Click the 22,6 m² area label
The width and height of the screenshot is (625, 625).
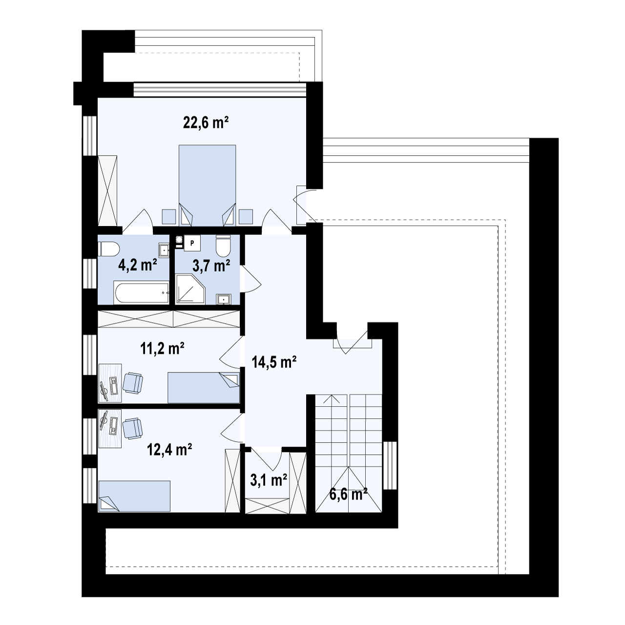(x=206, y=123)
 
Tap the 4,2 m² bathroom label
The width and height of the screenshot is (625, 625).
(x=138, y=265)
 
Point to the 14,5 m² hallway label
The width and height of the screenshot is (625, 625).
(x=275, y=362)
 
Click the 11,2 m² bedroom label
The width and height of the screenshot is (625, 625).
(x=161, y=349)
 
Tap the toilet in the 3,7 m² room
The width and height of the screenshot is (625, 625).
(x=224, y=247)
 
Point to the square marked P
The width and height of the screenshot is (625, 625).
(x=193, y=243)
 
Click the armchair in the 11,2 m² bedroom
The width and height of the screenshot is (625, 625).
(x=133, y=382)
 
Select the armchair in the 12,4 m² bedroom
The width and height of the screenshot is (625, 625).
(x=132, y=428)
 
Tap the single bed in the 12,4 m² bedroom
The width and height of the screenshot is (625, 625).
(x=134, y=496)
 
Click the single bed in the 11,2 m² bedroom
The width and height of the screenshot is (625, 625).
(x=204, y=387)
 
